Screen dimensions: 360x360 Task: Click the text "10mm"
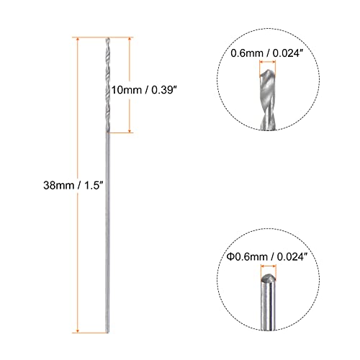(125, 89)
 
